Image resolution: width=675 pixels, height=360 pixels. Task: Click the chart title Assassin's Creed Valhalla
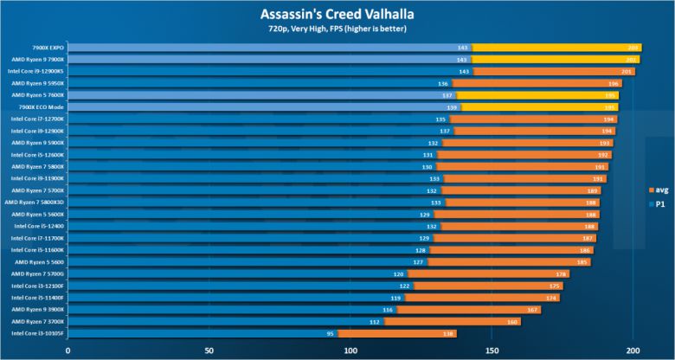pyautogui.click(x=337, y=14)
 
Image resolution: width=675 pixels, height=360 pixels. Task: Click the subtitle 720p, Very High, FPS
pyautogui.click(x=337, y=29)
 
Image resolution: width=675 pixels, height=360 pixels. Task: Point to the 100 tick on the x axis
pyautogui.click(x=350, y=350)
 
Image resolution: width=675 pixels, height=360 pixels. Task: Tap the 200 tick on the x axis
pyautogui.click(x=632, y=350)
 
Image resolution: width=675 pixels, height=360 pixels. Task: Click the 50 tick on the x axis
pyautogui.click(x=209, y=350)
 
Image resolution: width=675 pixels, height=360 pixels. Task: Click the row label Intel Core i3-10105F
pyautogui.click(x=37, y=332)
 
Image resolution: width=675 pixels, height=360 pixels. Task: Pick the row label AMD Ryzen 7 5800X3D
pyautogui.click(x=34, y=202)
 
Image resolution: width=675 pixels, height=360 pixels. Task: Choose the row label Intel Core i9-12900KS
pyautogui.click(x=35, y=71)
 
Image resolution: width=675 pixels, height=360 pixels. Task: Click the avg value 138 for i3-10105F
pyautogui.click(x=448, y=332)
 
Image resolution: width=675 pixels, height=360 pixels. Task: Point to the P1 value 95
pyautogui.click(x=330, y=332)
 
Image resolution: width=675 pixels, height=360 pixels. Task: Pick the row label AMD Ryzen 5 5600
pyautogui.click(x=39, y=261)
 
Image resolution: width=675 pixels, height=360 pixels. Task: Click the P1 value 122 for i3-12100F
pyautogui.click(x=404, y=285)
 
